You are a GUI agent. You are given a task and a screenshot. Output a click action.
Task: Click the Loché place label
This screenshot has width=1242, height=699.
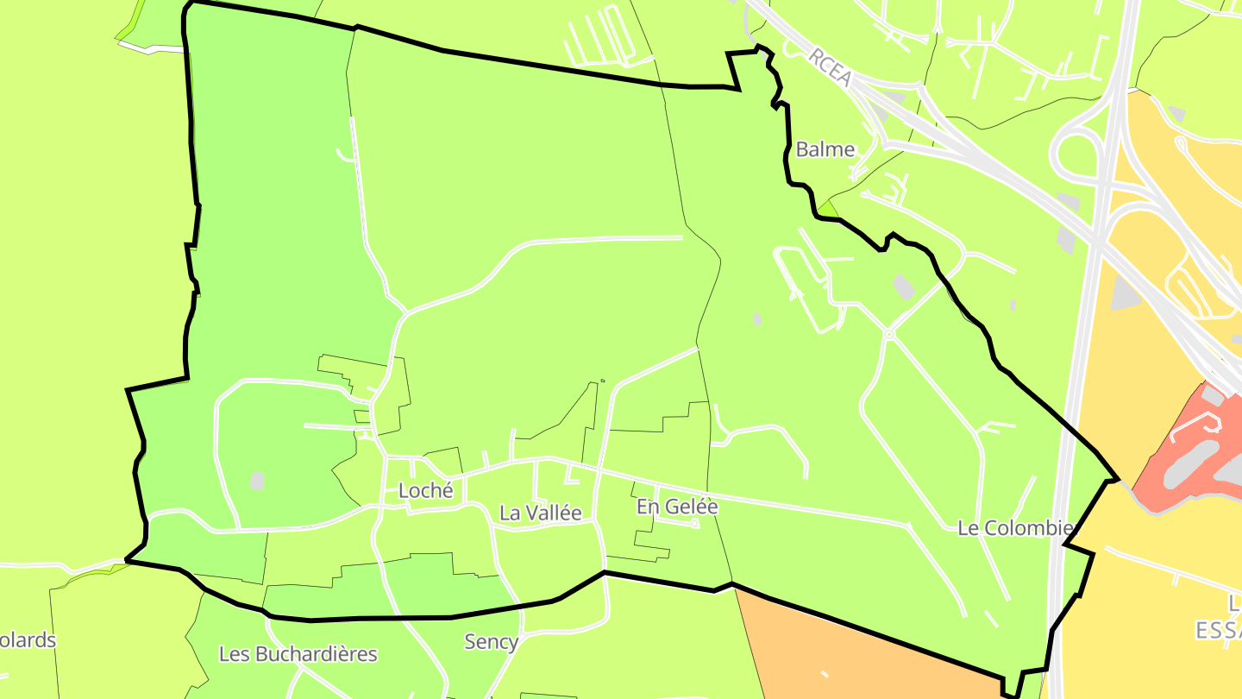(425, 490)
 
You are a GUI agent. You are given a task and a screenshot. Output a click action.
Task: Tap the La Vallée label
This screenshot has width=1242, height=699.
(541, 513)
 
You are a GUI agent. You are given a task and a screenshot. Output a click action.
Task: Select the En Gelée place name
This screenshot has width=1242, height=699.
(677, 507)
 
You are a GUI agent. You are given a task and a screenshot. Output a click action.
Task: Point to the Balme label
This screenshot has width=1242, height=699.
(825, 149)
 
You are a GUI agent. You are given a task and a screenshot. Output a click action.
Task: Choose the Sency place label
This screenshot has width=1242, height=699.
(491, 641)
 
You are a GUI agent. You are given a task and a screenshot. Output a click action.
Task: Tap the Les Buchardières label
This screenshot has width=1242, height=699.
(298, 654)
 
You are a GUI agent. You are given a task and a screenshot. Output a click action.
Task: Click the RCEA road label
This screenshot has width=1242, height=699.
(831, 67)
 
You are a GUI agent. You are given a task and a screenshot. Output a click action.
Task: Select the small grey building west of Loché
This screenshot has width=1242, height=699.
(257, 481)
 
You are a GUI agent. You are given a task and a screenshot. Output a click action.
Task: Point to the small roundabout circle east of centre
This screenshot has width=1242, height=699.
(888, 334)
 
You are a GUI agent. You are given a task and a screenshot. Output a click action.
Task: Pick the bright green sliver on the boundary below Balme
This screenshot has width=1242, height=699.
(828, 208)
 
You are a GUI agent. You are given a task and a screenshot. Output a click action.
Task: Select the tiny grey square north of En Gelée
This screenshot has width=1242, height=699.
(757, 318)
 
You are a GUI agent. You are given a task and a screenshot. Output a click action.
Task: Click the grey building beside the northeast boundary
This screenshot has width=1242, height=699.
(904, 287)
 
